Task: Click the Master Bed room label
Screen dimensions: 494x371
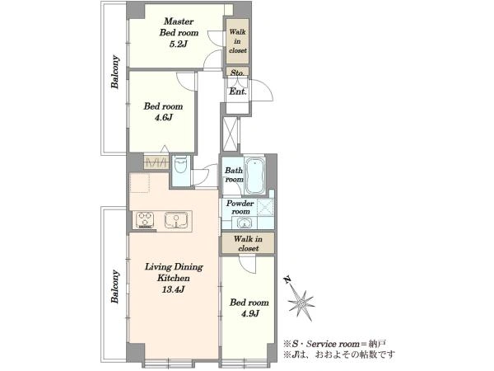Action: tap(179, 27)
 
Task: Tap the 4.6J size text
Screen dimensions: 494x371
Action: tap(163, 118)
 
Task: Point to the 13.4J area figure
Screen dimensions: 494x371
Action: tap(173, 289)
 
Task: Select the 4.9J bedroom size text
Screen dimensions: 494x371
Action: tap(249, 314)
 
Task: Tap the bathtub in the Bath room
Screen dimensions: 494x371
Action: tap(254, 176)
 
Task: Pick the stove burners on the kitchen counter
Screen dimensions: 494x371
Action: tap(145, 219)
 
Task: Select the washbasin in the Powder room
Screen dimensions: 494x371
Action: tap(243, 223)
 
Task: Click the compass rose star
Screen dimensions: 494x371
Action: tap(301, 303)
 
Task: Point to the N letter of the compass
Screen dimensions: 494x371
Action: tap(287, 279)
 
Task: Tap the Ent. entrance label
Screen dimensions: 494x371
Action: tap(238, 92)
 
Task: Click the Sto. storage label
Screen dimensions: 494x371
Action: tap(238, 73)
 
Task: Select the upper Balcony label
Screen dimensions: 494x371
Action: tap(115, 72)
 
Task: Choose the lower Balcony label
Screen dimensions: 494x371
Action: tap(115, 286)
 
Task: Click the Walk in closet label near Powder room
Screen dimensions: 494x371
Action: tap(249, 243)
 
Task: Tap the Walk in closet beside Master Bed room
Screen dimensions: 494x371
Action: tap(238, 41)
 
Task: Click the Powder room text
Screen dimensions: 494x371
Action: tap(240, 207)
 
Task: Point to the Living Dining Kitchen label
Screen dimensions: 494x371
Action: tap(174, 273)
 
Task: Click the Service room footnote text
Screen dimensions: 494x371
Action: tap(334, 344)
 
